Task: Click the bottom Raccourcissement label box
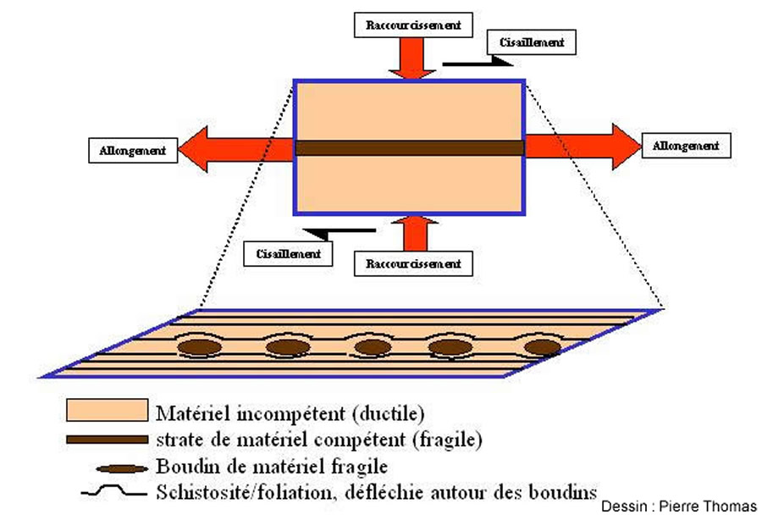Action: (413, 263)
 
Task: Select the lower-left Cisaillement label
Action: (288, 252)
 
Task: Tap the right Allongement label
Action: (685, 146)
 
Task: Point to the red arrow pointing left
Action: (237, 148)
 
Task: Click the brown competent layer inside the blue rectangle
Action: (410, 148)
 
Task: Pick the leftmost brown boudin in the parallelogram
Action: (199, 346)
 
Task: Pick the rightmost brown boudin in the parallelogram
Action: (542, 346)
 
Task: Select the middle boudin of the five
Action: (372, 346)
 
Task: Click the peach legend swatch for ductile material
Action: (108, 412)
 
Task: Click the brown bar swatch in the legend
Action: (107, 440)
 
